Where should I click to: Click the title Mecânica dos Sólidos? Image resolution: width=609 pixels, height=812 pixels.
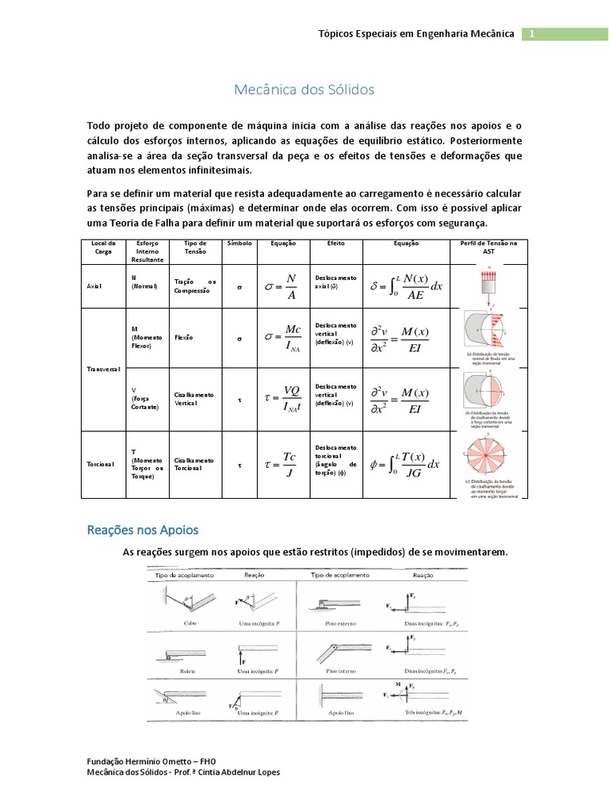click(x=304, y=90)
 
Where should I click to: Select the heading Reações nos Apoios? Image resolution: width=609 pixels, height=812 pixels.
click(x=143, y=529)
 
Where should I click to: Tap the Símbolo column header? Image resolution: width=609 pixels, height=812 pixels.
click(x=239, y=243)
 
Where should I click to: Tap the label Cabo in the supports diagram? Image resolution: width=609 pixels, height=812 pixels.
click(x=190, y=623)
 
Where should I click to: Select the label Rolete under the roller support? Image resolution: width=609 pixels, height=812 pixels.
click(x=190, y=670)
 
